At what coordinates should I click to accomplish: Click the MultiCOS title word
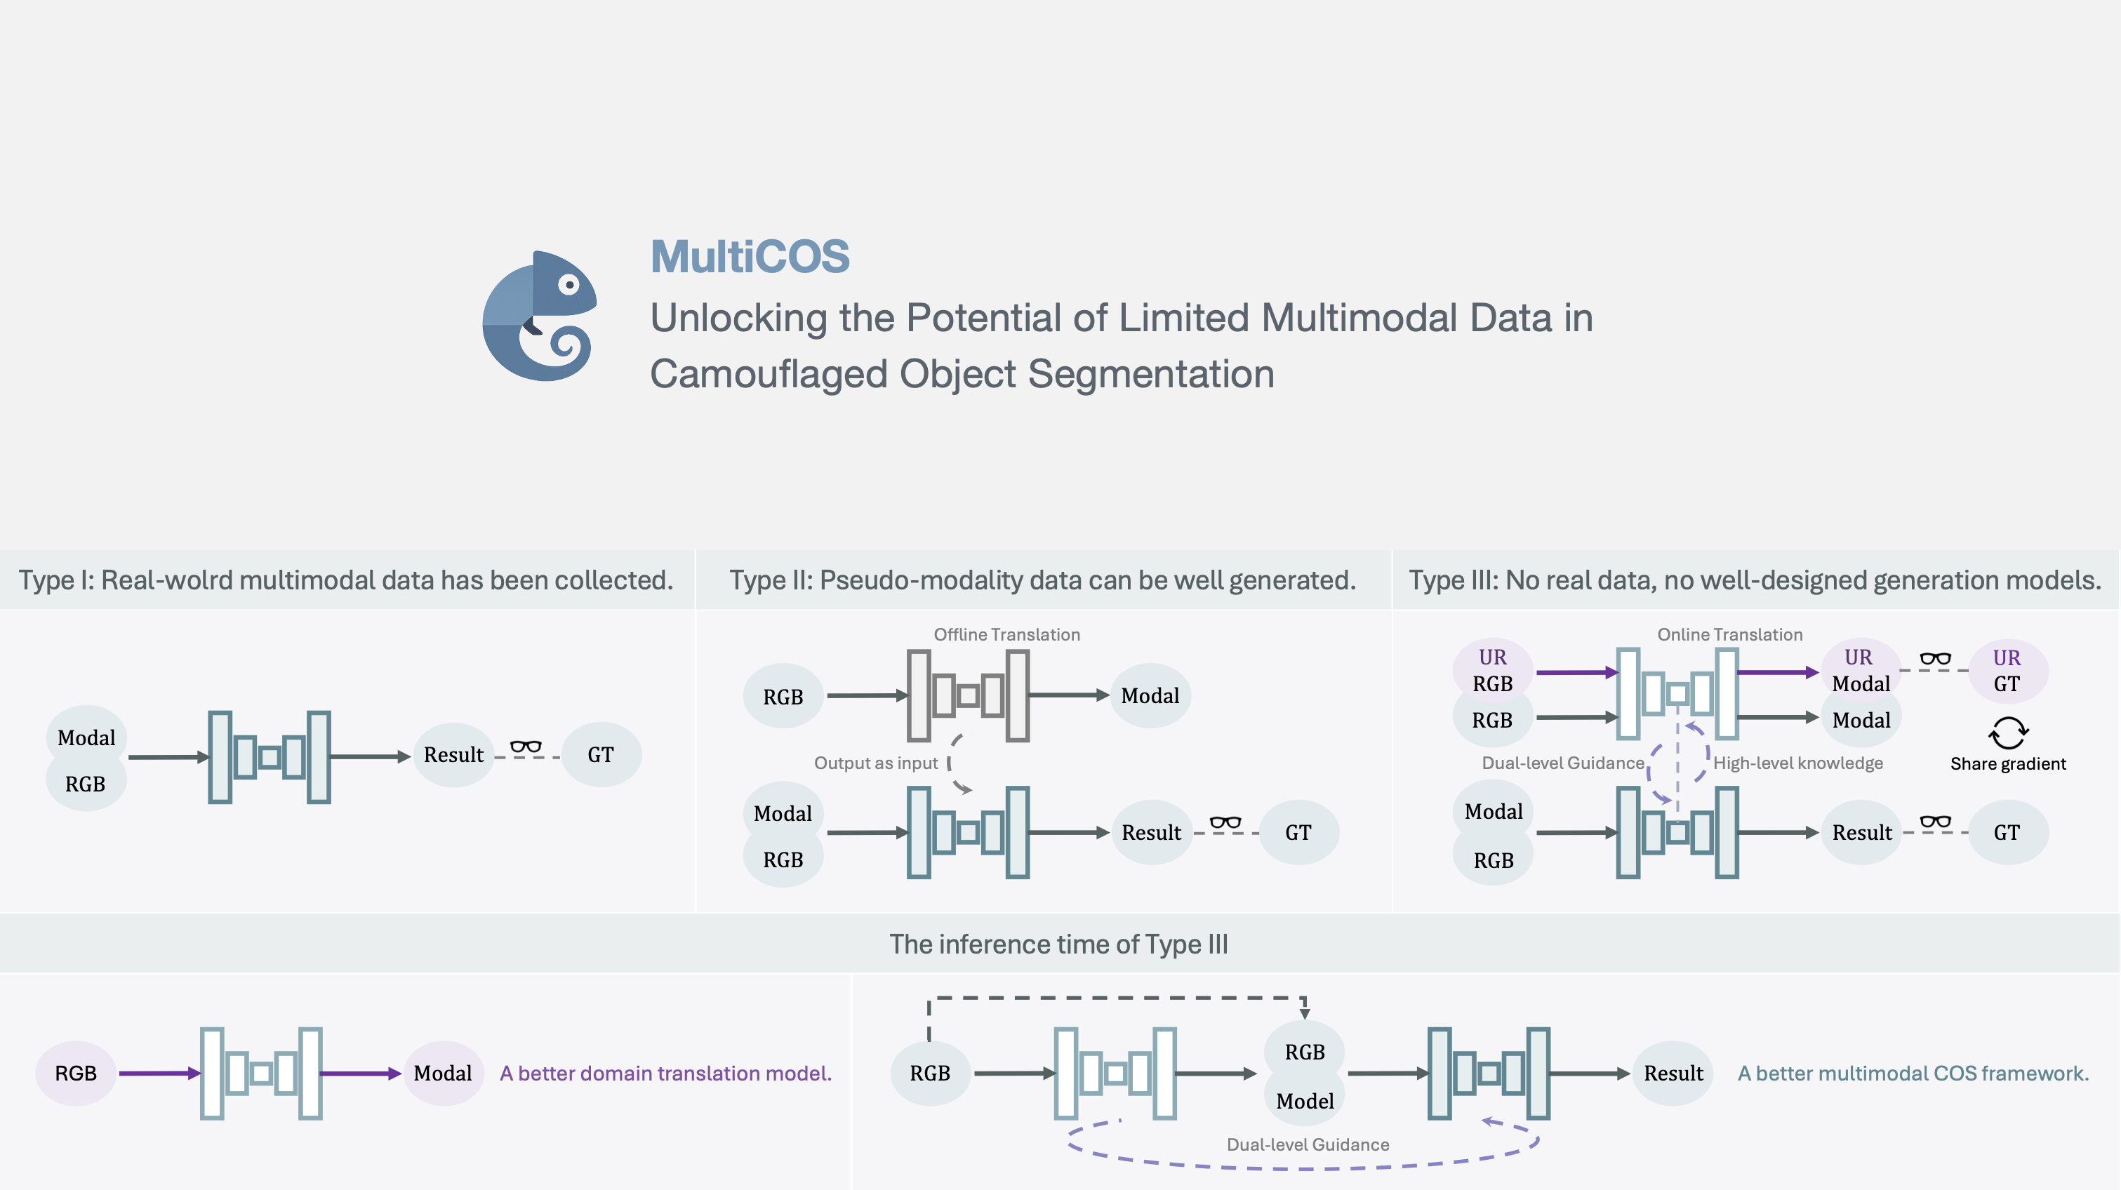click(x=750, y=256)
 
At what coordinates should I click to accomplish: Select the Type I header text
click(x=346, y=580)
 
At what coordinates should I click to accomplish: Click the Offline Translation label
click(x=1006, y=634)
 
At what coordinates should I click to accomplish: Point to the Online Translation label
click(x=1729, y=634)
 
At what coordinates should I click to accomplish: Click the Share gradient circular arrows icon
click(x=2007, y=733)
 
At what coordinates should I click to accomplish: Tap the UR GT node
click(x=2007, y=671)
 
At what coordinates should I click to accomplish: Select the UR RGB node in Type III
click(x=1492, y=670)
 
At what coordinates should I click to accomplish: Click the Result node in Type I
click(x=453, y=755)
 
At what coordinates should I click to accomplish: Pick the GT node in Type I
click(x=600, y=755)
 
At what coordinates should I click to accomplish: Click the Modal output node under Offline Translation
click(x=1150, y=696)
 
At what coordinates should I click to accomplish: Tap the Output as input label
click(x=875, y=763)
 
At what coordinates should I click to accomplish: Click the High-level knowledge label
click(x=1797, y=763)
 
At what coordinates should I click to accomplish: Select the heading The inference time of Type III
click(x=1058, y=944)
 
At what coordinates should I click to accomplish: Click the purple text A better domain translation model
click(x=665, y=1073)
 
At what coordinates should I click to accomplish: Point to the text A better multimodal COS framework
click(x=1913, y=1073)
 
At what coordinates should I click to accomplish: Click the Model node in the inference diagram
click(x=1304, y=1101)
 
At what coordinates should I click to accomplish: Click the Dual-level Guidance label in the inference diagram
click(x=1308, y=1144)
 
